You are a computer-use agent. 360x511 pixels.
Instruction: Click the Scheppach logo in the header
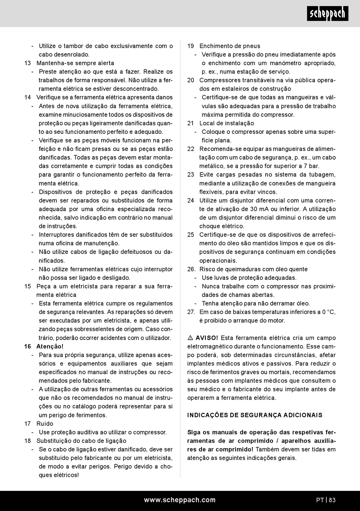pyautogui.click(x=327, y=14)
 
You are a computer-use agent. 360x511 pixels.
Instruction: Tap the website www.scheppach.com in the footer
pyautogui.click(x=180, y=500)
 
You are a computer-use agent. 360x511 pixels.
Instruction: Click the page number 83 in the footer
pyautogui.click(x=332, y=500)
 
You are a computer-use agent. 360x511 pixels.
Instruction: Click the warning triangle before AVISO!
pyautogui.click(x=191, y=338)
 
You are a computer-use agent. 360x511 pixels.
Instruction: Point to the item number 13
pyautogui.click(x=28, y=63)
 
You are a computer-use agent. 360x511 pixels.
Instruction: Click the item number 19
pyautogui.click(x=191, y=46)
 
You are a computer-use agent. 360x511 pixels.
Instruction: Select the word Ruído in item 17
pyautogui.click(x=45, y=423)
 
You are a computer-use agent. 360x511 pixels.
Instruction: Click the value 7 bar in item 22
pyautogui.click(x=310, y=166)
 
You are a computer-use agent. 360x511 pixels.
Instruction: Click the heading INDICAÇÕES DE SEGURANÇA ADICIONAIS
pyautogui.click(x=255, y=415)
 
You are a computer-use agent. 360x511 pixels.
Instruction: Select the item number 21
pyautogui.click(x=191, y=123)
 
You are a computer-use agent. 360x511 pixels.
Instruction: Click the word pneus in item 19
pyautogui.click(x=251, y=46)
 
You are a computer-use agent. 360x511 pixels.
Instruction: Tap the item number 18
pyautogui.click(x=28, y=440)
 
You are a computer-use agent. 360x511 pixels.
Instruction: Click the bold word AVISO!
pyautogui.click(x=207, y=338)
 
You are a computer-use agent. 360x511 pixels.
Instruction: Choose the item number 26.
pyautogui.click(x=191, y=269)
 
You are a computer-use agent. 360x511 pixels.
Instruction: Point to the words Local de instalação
pyautogui.click(x=227, y=123)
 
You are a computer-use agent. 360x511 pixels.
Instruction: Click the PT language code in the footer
pyautogui.click(x=320, y=500)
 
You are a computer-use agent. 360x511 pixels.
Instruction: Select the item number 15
pyautogui.click(x=28, y=286)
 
